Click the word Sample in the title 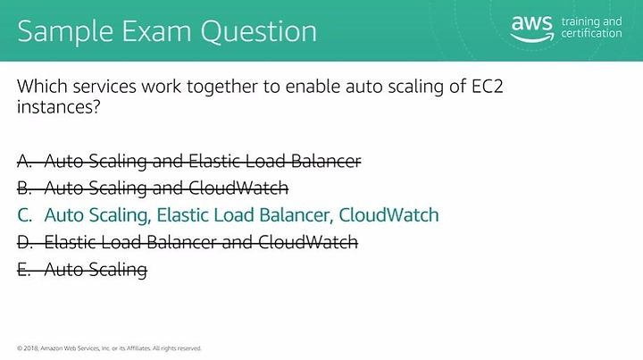click(65, 32)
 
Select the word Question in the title click(258, 31)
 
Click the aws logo click(532, 29)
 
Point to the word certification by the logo click(591, 33)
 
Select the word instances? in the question click(59, 107)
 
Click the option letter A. click(25, 161)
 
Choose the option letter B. click(25, 188)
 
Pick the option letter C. click(25, 215)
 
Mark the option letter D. click(25, 242)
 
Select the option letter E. click(24, 270)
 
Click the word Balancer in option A click(326, 161)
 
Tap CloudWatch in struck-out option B click(238, 188)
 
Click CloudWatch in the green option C click(388, 215)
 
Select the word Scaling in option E click(118, 270)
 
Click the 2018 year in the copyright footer click(31, 348)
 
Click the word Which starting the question click(42, 86)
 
